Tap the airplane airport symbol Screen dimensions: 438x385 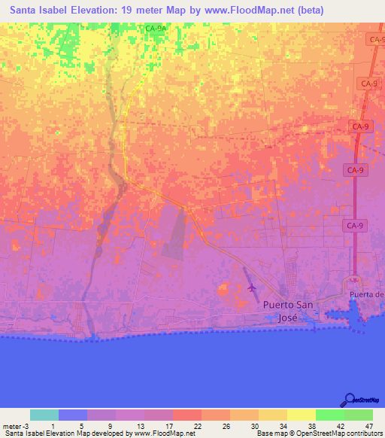pyautogui.click(x=251, y=287)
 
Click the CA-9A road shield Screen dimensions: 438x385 pyautogui.click(x=156, y=29)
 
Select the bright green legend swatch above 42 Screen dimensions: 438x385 pyautogui.click(x=330, y=415)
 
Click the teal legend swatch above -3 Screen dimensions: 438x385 pyautogui.click(x=44, y=415)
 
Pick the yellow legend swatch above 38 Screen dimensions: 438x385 pyautogui.click(x=302, y=415)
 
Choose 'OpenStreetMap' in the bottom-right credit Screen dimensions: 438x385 pyautogui.click(x=316, y=433)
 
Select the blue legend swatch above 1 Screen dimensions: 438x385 pyautogui.click(x=73, y=415)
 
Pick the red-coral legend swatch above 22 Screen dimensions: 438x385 pyautogui.click(x=187, y=415)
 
